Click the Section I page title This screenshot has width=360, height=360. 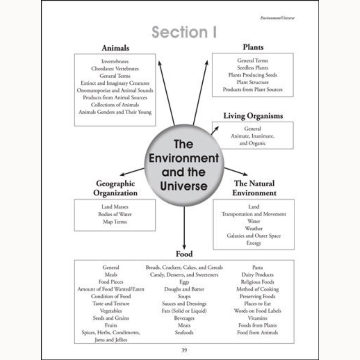[x=184, y=32]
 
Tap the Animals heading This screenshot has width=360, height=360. [x=115, y=48]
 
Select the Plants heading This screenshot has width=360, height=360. [x=253, y=47]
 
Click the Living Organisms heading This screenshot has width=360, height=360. [x=253, y=116]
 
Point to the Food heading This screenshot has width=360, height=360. [x=184, y=254]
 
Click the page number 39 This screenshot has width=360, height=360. [x=184, y=350]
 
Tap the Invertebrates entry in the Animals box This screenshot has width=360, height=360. [x=115, y=62]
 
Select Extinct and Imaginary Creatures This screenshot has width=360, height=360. [x=115, y=83]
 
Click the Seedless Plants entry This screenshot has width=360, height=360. [x=253, y=68]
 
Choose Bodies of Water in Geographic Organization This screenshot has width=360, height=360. [x=115, y=214]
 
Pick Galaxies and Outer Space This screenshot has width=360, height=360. [x=253, y=236]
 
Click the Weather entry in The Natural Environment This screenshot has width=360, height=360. [x=253, y=229]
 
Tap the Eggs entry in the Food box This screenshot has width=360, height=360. [x=184, y=282]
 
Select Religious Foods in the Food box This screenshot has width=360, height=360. [x=257, y=282]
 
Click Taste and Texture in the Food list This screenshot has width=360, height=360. [x=111, y=304]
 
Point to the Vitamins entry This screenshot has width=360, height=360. [x=257, y=318]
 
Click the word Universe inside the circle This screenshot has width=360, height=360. [x=184, y=186]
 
